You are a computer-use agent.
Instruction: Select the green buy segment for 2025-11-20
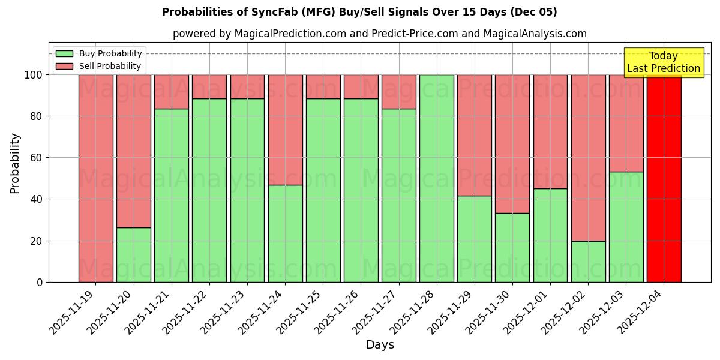click(133, 254)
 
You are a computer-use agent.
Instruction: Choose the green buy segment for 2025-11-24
click(285, 233)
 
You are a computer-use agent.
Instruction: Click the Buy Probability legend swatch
click(64, 54)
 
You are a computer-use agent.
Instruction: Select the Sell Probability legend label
click(110, 67)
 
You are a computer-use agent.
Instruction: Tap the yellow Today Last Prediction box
click(663, 62)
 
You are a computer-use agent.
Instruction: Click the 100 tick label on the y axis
click(32, 75)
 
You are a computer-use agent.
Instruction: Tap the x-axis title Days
click(380, 345)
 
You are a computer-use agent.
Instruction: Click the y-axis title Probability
click(15, 163)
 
